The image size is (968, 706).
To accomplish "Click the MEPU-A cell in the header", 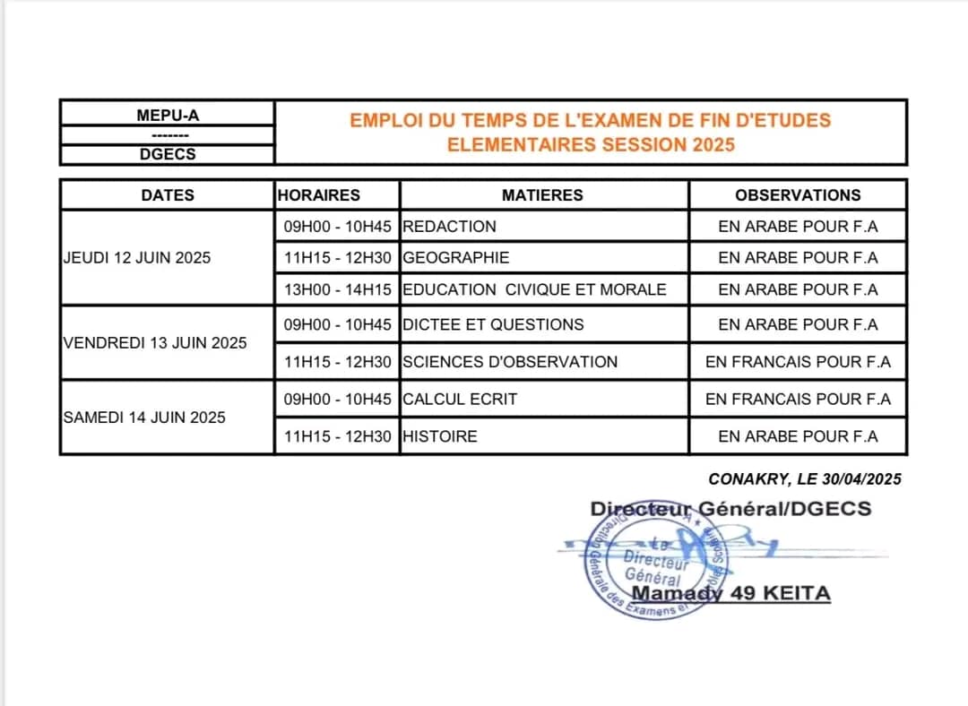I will coord(168,115).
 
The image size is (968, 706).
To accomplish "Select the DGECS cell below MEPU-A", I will coord(168,154).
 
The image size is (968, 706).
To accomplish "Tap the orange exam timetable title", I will coord(591,132).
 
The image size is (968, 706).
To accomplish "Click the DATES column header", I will coord(168,194).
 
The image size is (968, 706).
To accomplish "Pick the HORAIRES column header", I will coord(319,194).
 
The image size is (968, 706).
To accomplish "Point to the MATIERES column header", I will coord(542,194).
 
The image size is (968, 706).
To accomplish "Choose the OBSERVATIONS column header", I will coord(798,194).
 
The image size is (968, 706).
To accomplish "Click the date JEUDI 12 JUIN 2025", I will coord(137,257).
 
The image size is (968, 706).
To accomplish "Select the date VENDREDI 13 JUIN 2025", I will coord(155,342).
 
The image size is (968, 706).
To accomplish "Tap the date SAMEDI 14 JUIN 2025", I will coord(144,417).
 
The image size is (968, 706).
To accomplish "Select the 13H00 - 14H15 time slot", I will coord(337,289).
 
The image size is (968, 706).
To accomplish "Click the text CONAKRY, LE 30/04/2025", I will coord(804,479).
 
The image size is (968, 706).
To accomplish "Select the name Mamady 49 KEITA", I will coord(731,593).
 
